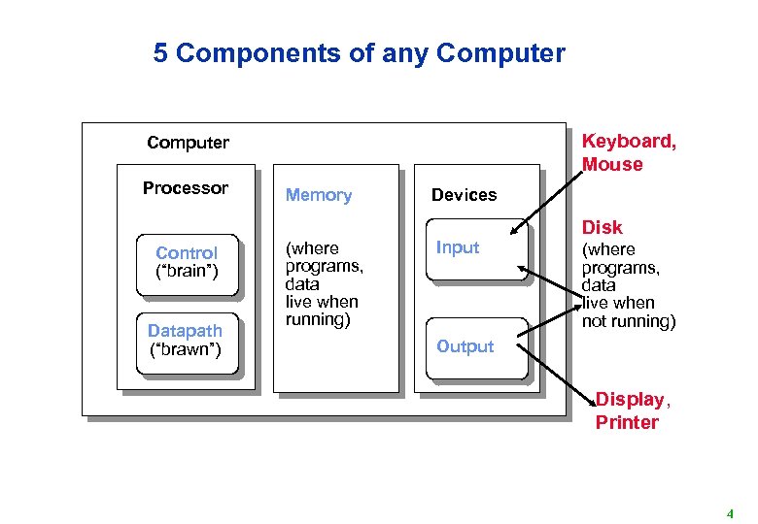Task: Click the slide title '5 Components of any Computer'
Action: [359, 53]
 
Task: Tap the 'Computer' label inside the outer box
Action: [188, 143]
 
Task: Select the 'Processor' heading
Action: [185, 188]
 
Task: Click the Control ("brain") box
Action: [187, 262]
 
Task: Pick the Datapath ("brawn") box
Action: [186, 340]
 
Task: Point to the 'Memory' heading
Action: [318, 195]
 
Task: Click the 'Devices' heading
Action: [464, 195]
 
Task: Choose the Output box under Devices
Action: [475, 346]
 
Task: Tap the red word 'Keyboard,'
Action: [629, 142]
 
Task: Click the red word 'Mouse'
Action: [612, 165]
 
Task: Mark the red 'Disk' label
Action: [602, 227]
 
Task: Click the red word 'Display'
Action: [629, 399]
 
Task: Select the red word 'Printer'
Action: [627, 422]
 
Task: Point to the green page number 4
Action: [729, 513]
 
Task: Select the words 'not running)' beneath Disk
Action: [628, 320]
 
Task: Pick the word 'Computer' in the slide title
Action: [500, 53]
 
